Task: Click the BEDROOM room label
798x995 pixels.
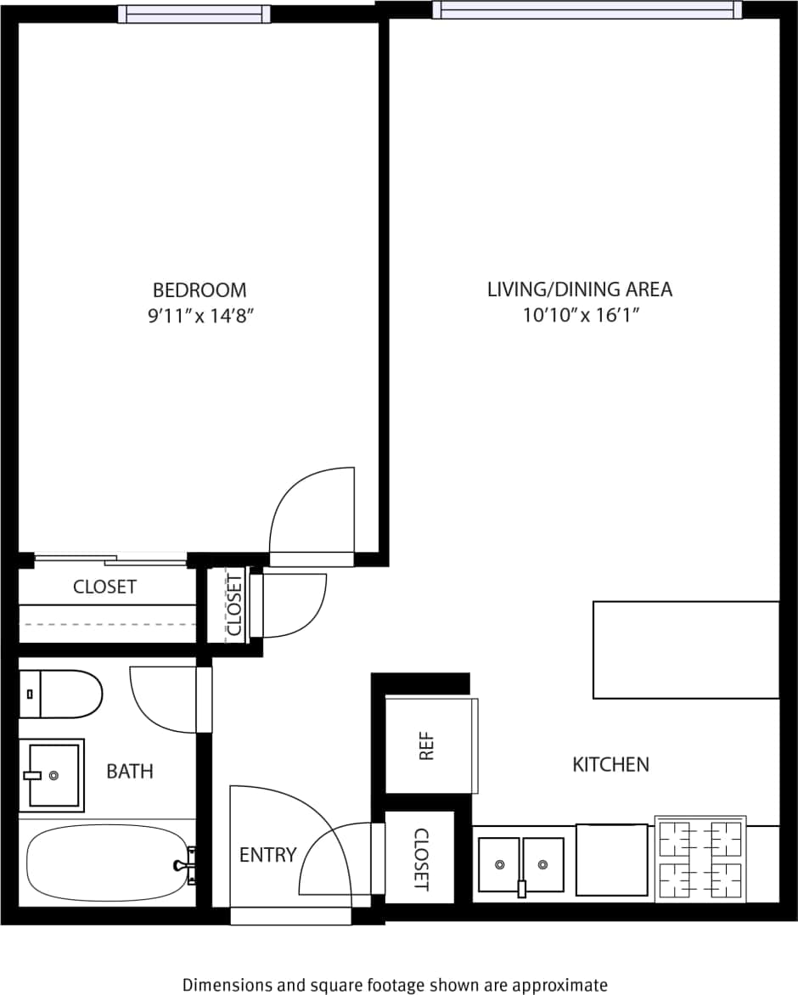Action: [x=199, y=290]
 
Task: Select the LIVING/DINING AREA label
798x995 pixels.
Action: [x=579, y=290]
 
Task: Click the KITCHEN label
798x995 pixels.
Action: [x=610, y=765]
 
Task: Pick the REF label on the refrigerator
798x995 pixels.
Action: [x=426, y=746]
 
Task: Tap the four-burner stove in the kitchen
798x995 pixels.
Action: [x=700, y=859]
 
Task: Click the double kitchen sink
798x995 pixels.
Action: [x=520, y=865]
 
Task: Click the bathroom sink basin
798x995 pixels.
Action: [x=53, y=775]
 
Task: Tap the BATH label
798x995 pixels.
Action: [x=130, y=772]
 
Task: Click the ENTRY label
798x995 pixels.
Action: [x=267, y=855]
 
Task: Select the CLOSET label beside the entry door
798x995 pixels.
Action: [x=420, y=859]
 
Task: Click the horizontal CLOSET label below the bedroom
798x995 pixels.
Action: [x=104, y=587]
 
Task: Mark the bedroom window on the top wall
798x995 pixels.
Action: [x=194, y=14]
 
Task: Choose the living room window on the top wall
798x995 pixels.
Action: [x=587, y=10]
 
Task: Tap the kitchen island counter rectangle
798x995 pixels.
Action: [x=686, y=649]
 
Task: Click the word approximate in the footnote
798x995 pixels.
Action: [x=563, y=985]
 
